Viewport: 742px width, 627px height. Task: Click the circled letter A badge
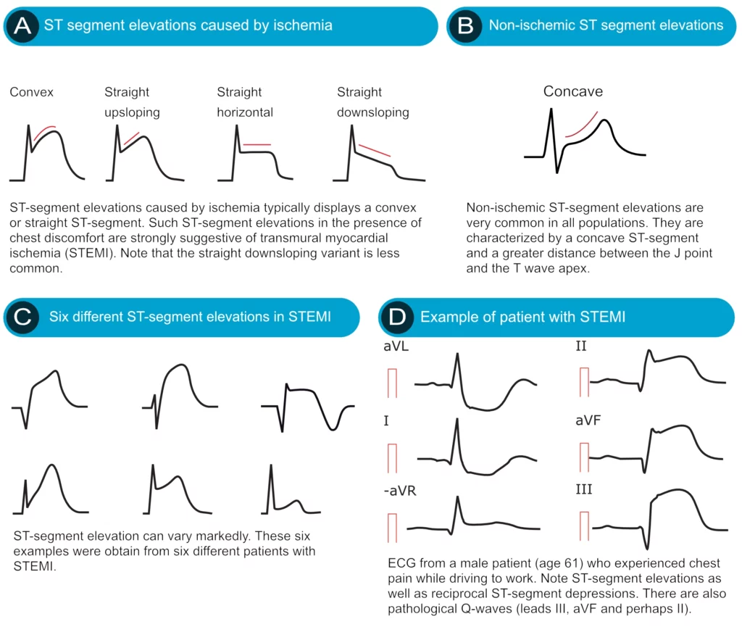[22, 26]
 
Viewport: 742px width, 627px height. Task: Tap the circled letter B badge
[465, 26]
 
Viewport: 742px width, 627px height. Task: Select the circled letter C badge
[22, 317]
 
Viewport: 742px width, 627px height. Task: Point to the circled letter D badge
[397, 317]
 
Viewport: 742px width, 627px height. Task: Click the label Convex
[31, 92]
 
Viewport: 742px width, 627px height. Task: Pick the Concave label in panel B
[572, 91]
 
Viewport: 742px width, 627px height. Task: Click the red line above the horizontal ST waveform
[257, 144]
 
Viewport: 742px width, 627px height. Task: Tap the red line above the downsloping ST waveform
[375, 151]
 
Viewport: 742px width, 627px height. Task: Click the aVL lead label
[396, 346]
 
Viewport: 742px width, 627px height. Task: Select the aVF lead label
[588, 420]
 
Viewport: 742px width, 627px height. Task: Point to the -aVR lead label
[400, 491]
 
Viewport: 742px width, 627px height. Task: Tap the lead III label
[583, 489]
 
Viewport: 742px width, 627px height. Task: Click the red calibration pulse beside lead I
[392, 458]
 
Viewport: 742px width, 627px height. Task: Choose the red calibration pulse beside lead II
[584, 382]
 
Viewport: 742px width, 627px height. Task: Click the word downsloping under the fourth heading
[373, 112]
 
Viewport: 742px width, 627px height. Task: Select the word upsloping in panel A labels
[132, 112]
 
